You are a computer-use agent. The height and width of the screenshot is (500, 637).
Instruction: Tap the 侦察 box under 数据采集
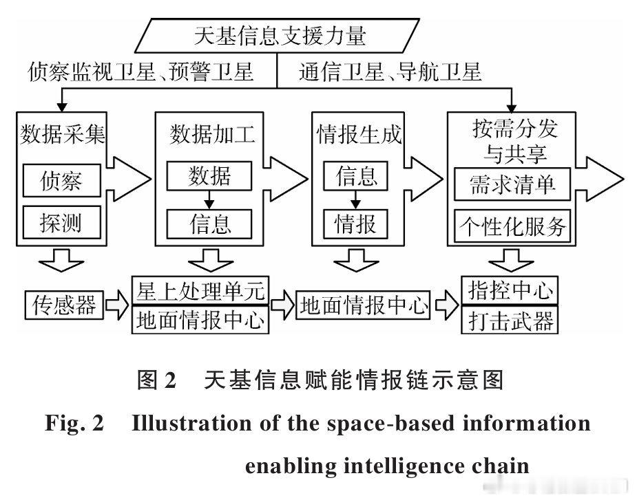pyautogui.click(x=61, y=180)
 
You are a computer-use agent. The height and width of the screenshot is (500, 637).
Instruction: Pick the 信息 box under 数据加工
pyautogui.click(x=210, y=223)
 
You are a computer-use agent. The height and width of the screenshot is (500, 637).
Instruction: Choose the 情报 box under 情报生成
pyautogui.click(x=357, y=223)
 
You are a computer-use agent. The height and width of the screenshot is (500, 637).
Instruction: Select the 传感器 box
pyautogui.click(x=64, y=304)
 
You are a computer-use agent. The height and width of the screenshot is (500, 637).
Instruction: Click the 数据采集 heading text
pyautogui.click(x=61, y=133)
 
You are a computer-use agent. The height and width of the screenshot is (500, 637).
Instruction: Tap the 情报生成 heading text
pyautogui.click(x=358, y=133)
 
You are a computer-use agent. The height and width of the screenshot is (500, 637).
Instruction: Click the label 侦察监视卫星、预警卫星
pyautogui.click(x=141, y=72)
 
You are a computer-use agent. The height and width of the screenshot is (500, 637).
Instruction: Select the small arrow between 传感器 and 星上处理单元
pyautogui.click(x=118, y=304)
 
